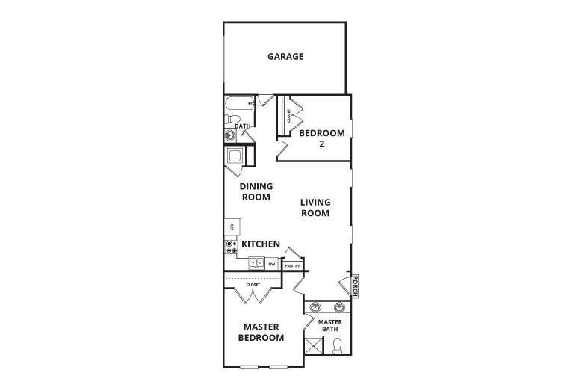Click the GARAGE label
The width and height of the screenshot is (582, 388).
pyautogui.click(x=285, y=56)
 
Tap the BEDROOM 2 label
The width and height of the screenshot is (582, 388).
pyautogui.click(x=321, y=138)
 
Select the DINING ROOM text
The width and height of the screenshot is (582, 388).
pyautogui.click(x=256, y=191)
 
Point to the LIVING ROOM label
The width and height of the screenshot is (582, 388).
pyautogui.click(x=315, y=207)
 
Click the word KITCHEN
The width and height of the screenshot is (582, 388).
pyautogui.click(x=260, y=244)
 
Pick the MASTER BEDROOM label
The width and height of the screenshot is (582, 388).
pyautogui.click(x=261, y=333)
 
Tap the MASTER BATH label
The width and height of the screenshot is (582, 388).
pyautogui.click(x=330, y=326)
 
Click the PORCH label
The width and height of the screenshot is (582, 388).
pyautogui.click(x=356, y=286)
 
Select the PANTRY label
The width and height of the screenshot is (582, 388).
pyautogui.click(x=291, y=265)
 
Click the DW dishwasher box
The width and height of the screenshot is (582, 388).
pyautogui.click(x=272, y=264)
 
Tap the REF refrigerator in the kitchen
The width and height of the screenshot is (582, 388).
pyautogui.click(x=232, y=227)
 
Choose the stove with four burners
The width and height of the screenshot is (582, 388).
pyautogui.click(x=231, y=246)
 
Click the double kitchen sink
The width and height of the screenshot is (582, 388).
pyautogui.click(x=256, y=263)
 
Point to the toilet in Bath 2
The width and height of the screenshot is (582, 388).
pyautogui.click(x=232, y=120)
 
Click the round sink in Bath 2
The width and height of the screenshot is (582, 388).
pyautogui.click(x=230, y=135)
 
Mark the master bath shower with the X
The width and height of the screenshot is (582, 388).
pyautogui.click(x=313, y=346)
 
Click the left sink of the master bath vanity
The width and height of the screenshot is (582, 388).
pyautogui.click(x=316, y=307)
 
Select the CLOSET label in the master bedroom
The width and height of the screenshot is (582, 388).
pyautogui.click(x=253, y=284)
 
